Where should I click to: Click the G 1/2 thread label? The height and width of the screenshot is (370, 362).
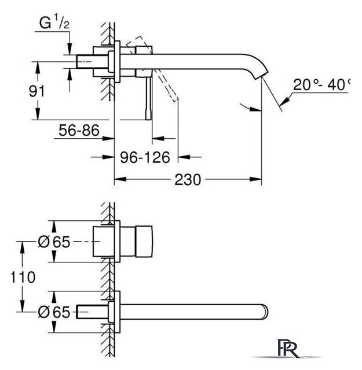tap(54, 23)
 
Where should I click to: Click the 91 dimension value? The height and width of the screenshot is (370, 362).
tap(36, 91)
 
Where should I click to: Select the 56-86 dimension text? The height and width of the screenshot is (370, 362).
tap(79, 131)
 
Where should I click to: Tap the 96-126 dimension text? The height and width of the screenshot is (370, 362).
tap(145, 157)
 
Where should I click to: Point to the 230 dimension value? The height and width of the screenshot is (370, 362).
tap(188, 180)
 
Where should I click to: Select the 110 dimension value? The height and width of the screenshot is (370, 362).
tap(23, 277)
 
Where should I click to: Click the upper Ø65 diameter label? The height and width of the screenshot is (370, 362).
tap(54, 242)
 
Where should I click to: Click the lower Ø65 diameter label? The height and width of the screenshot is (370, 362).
tap(54, 312)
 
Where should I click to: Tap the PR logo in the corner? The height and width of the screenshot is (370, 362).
tap(287, 348)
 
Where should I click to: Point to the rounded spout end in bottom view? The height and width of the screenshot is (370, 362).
tap(265, 312)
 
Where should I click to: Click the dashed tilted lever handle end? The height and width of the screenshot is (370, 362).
tap(174, 98)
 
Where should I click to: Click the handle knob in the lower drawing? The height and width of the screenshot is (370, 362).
tap(144, 241)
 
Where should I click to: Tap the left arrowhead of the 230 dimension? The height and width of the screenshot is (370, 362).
tap(120, 179)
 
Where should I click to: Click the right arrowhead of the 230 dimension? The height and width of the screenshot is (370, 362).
tap(256, 179)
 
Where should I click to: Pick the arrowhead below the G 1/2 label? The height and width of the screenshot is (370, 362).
tap(70, 49)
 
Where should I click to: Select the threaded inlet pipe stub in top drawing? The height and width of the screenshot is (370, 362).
tap(92, 62)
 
